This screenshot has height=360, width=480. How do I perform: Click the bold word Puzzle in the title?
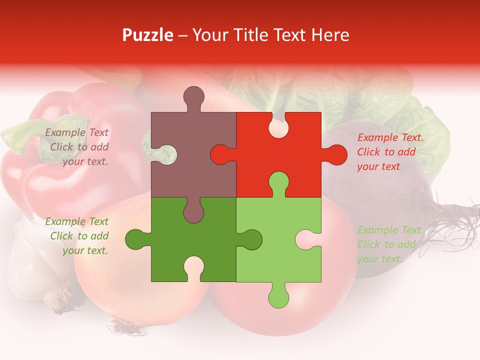click(148, 35)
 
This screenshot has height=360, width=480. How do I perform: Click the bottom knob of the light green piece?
click(279, 295)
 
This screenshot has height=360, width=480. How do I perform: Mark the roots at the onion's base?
click(120, 327)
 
